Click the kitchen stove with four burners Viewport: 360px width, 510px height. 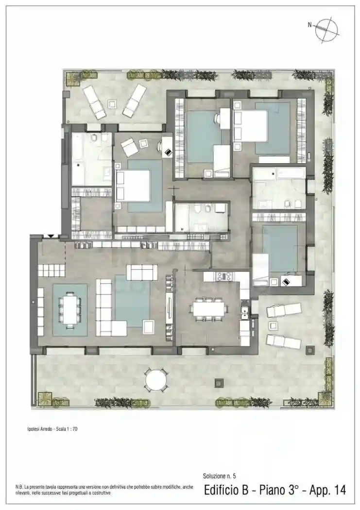click(x=225, y=276)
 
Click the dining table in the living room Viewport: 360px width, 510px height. click(x=70, y=309)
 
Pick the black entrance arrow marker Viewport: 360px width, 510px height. click(x=50, y=236)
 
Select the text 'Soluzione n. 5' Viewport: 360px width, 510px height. click(x=219, y=476)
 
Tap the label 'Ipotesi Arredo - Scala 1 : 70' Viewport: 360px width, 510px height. click(x=52, y=429)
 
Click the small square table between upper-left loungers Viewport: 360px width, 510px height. click(x=112, y=103)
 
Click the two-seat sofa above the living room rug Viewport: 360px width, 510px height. click(x=141, y=272)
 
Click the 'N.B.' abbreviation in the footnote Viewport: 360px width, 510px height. click(x=19, y=487)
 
